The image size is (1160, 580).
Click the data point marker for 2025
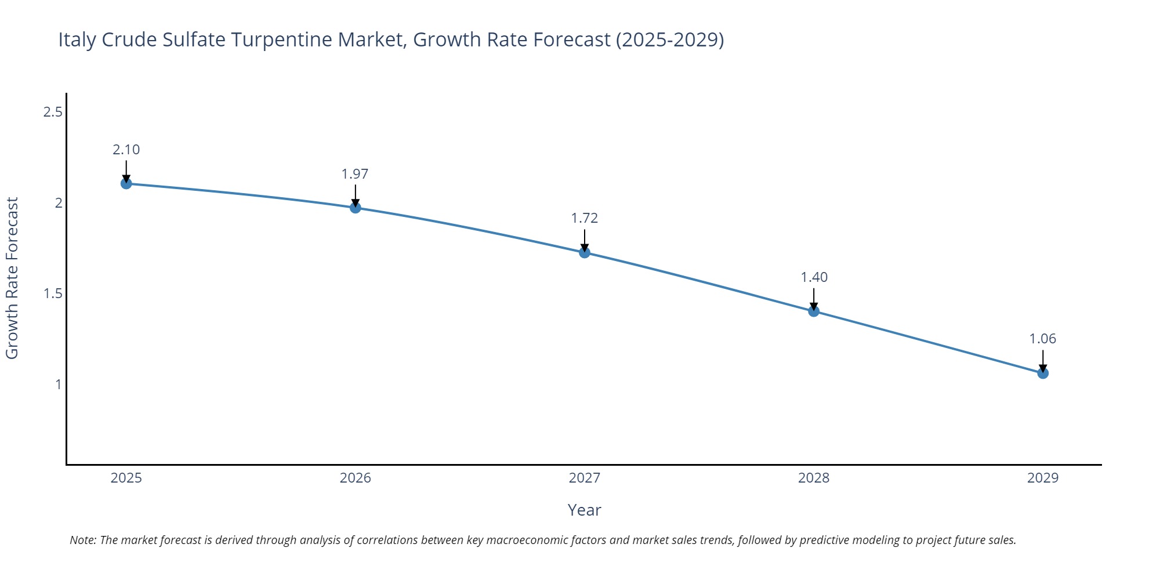126,183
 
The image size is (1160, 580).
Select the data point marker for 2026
356,208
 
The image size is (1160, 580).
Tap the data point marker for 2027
585,252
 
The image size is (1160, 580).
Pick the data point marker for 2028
814,311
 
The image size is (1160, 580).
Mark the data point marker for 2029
1043,373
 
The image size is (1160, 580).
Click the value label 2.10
126,150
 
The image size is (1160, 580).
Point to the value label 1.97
355,174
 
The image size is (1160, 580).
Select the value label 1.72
585,218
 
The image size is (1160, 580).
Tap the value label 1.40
814,277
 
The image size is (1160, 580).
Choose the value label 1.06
1043,339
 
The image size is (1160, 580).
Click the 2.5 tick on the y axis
53,112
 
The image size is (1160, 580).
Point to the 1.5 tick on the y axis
53,293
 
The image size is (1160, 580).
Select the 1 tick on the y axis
58,384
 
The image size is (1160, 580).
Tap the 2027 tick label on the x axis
585,478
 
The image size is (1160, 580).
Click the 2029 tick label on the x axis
1043,478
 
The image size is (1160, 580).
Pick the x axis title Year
585,510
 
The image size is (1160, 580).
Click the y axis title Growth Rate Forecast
13,278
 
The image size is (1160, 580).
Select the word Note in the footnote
82,540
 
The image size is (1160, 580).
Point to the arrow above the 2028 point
814,298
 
